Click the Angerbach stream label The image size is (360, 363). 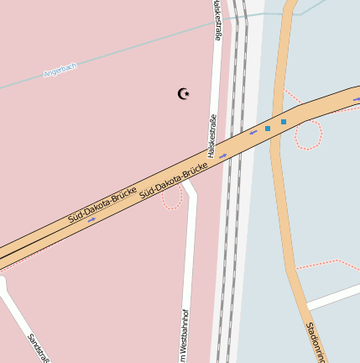(60, 71)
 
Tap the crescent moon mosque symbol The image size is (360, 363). (184, 93)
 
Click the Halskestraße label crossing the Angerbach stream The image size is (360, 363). (218, 22)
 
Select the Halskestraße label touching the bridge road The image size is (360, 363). (211, 135)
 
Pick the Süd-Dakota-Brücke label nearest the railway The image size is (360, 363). (174, 181)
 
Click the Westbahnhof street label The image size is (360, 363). (185, 336)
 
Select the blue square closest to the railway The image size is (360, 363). (268, 129)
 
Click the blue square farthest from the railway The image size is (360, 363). (284, 122)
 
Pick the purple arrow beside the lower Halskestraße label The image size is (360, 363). (222, 155)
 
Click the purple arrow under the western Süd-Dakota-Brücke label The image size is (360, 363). (91, 221)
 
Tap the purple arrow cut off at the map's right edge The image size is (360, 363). (357, 99)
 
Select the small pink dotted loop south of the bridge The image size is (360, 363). (172, 199)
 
